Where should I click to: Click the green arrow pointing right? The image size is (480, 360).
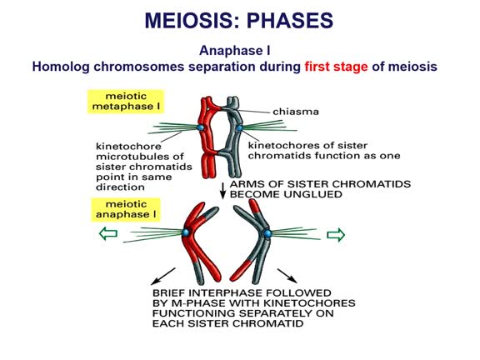tap(335, 235)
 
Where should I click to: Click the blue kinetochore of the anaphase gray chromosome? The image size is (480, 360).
tap(267, 235)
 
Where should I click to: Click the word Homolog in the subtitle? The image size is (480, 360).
tap(63, 66)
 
